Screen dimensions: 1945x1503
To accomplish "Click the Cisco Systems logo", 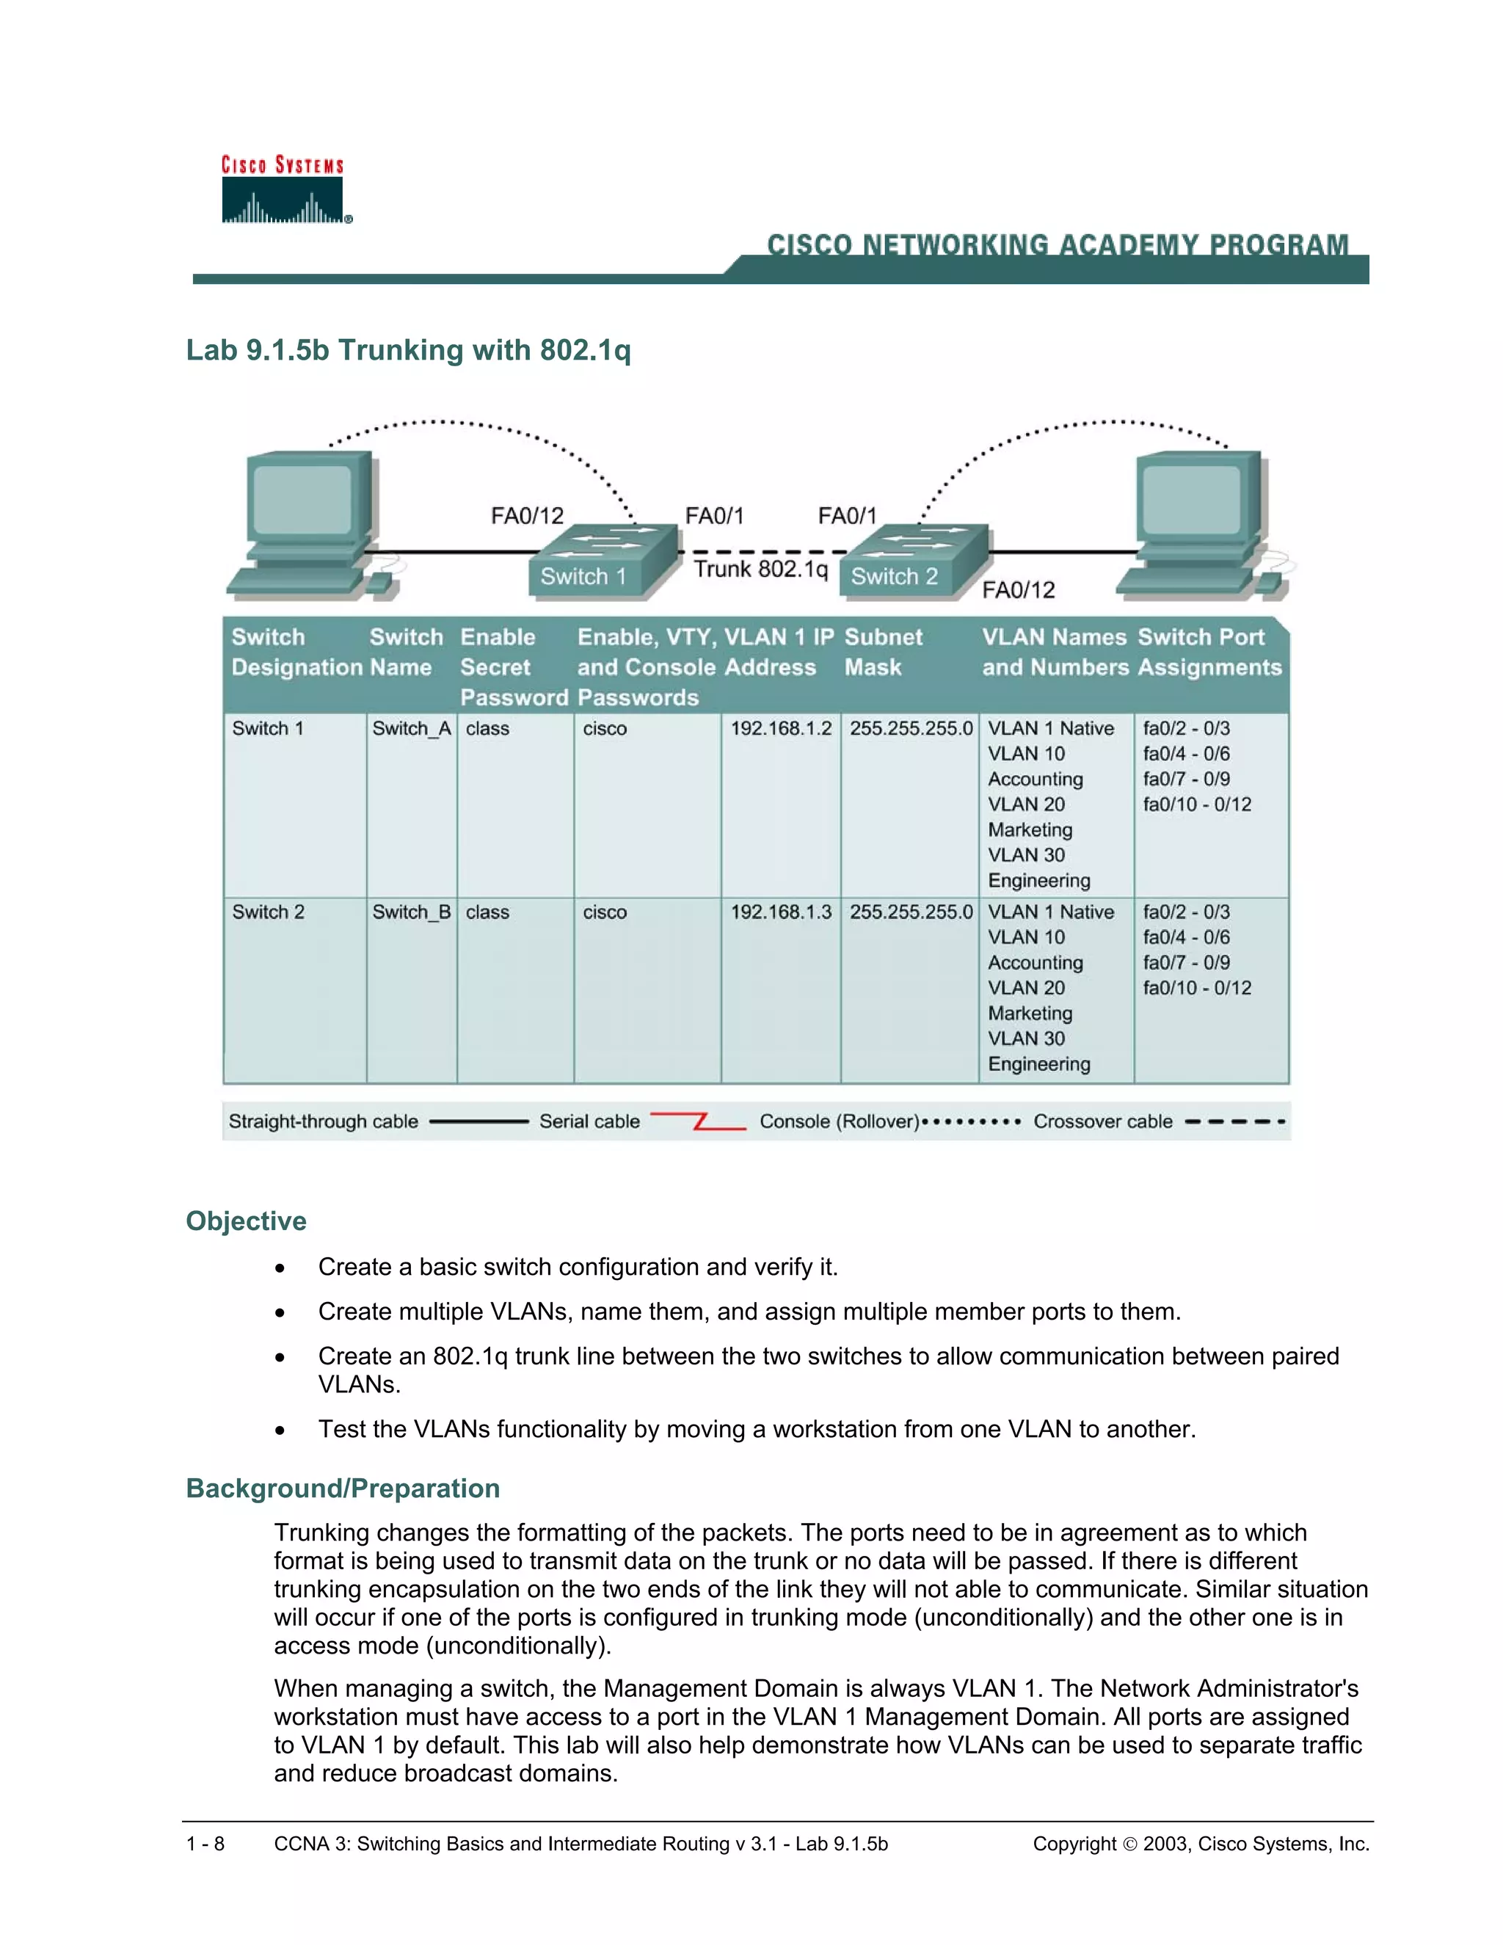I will click(x=283, y=191).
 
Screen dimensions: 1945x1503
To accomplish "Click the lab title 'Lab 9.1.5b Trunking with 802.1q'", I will click(x=408, y=350).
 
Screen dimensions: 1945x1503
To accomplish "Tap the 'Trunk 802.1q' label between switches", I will click(x=760, y=569).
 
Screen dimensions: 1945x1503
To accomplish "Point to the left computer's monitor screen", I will click(x=302, y=501).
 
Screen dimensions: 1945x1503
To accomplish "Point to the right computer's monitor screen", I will click(x=1190, y=501).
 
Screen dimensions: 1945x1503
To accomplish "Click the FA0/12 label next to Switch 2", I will click(x=1018, y=589).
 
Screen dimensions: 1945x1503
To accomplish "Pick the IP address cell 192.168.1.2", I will click(x=781, y=729).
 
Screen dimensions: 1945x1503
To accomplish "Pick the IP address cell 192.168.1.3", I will click(x=781, y=912).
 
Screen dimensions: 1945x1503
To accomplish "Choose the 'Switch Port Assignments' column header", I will click(x=1208, y=652).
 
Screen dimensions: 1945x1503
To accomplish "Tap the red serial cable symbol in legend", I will click(x=699, y=1121).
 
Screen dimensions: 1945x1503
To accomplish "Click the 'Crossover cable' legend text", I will click(x=1102, y=1121).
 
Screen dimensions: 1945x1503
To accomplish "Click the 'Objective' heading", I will click(x=246, y=1221).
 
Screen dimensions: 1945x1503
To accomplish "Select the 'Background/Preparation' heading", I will click(x=343, y=1488).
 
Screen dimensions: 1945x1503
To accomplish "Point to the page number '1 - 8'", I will click(x=205, y=1844).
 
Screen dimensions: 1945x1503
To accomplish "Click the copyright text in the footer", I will click(x=1200, y=1844).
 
